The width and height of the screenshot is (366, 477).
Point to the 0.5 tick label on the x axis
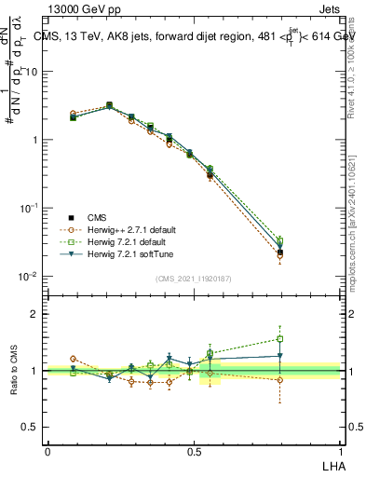click(x=195, y=451)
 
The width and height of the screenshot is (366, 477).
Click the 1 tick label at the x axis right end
click(x=340, y=451)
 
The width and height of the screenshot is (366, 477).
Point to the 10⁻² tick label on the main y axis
click(x=30, y=277)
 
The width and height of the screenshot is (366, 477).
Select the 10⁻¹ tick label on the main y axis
click(x=30, y=209)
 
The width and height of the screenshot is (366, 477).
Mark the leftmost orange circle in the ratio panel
click(x=74, y=359)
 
